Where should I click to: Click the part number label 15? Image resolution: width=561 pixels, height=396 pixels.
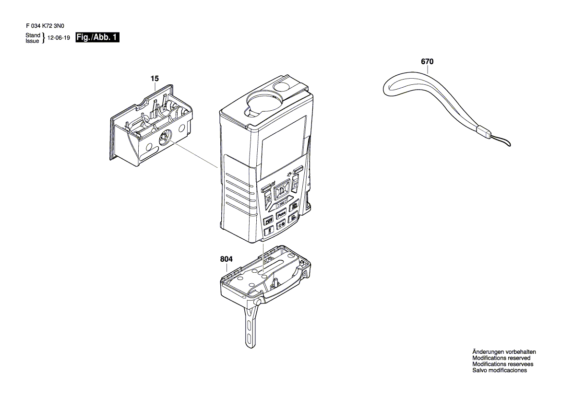(154, 78)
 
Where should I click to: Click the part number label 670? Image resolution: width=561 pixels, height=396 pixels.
(427, 62)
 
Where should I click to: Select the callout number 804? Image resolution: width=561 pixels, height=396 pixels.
(226, 259)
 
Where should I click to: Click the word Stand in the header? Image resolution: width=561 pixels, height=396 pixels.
(33, 35)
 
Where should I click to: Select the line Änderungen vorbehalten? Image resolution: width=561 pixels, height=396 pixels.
(504, 352)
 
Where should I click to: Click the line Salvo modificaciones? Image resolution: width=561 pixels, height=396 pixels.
(499, 371)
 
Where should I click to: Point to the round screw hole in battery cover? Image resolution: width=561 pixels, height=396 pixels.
(163, 139)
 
